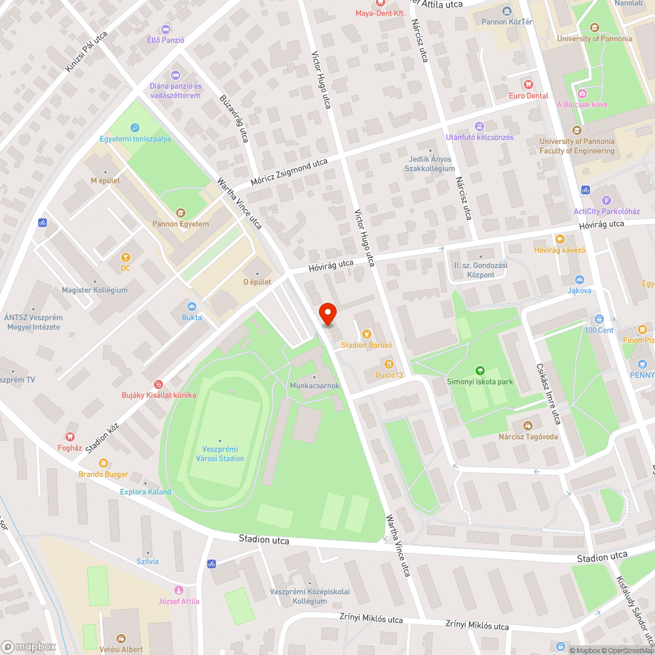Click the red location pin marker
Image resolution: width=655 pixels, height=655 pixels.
point(327,315)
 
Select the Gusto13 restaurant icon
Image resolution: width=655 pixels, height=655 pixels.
point(388,364)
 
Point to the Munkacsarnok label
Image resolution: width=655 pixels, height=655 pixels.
point(314,386)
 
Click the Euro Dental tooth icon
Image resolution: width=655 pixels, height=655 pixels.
point(529,84)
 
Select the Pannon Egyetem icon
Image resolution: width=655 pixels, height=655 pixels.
point(181,212)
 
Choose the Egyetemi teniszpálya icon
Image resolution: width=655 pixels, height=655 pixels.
point(135,128)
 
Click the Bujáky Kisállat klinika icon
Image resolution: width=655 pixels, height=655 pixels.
point(158,384)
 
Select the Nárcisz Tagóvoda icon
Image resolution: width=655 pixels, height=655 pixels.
point(527,426)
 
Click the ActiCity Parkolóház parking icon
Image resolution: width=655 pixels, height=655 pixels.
point(606,200)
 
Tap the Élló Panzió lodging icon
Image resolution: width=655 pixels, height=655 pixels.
point(165,29)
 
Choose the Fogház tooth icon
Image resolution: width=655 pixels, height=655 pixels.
point(70,436)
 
